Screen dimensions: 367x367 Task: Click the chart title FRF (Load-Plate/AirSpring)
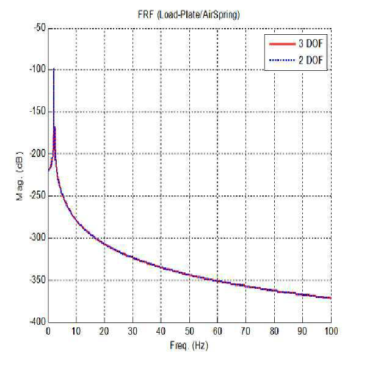pos(189,15)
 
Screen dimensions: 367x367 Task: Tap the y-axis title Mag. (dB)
pos(20,176)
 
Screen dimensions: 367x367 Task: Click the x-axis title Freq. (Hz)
pos(189,346)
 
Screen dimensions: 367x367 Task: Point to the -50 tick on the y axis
pos(40,28)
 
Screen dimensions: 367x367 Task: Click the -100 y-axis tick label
pos(38,69)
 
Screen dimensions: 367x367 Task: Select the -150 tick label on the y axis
pos(38,111)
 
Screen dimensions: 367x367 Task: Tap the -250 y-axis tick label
pos(38,195)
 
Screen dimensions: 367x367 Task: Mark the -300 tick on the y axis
pos(38,238)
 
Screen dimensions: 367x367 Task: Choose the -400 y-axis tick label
pos(38,322)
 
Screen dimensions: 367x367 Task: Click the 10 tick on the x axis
pos(76,331)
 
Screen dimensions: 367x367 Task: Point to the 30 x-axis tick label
pos(133,331)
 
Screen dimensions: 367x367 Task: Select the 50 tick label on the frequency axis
pos(189,331)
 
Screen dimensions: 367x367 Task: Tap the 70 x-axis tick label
pos(245,331)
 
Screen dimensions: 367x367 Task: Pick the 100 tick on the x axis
pos(330,331)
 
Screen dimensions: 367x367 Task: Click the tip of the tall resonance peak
pos(54,68)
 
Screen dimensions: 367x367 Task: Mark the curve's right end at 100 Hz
pos(331,298)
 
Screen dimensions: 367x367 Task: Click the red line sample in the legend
pos(282,44)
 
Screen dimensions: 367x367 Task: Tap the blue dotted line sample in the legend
pos(282,60)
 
